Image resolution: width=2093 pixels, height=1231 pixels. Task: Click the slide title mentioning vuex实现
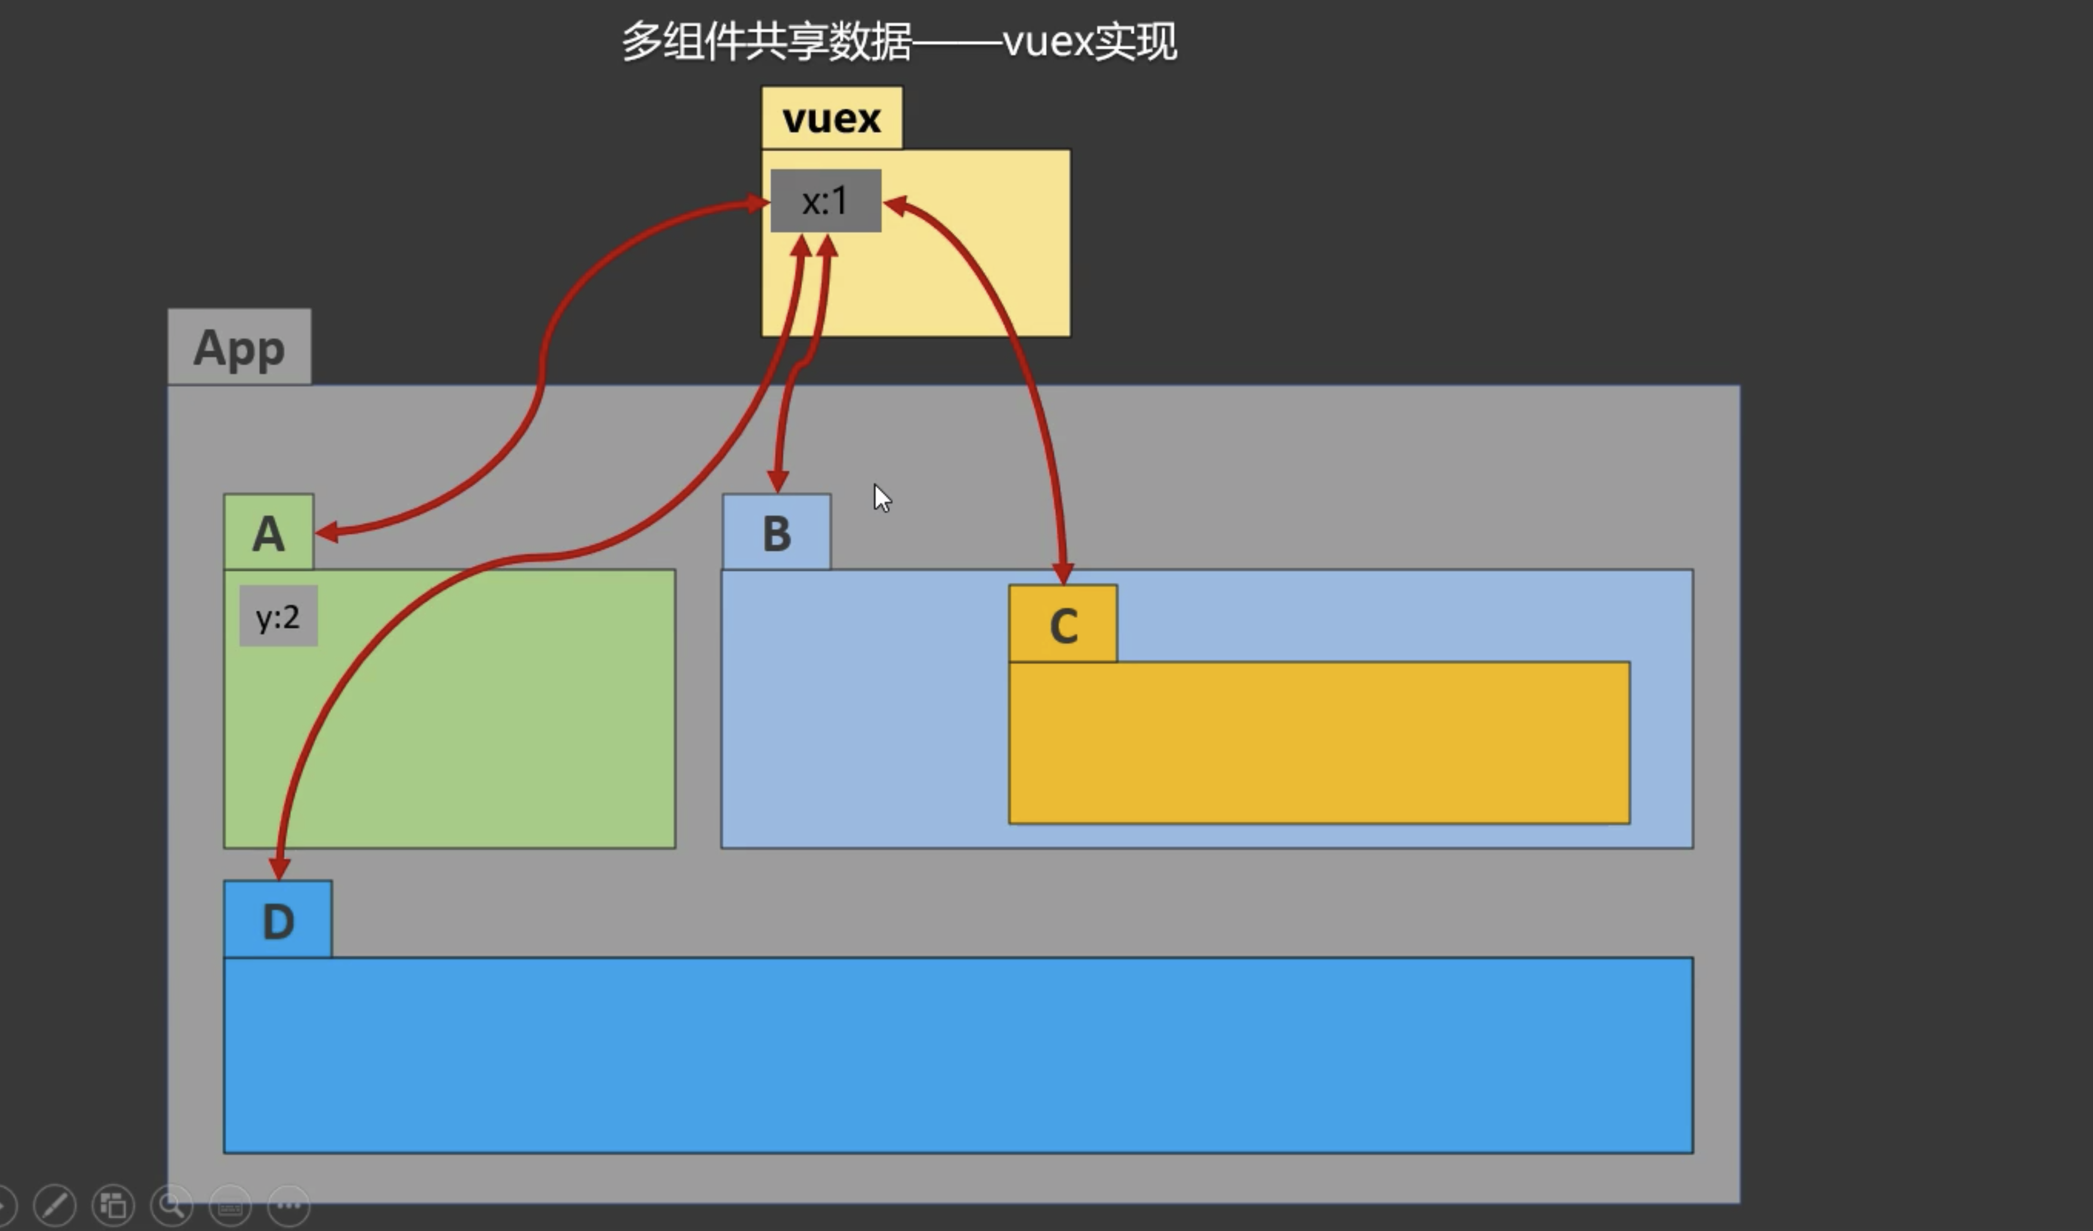coord(899,41)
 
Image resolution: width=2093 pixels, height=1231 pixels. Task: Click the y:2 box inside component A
coord(278,617)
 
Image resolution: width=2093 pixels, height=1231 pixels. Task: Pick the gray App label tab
coord(239,347)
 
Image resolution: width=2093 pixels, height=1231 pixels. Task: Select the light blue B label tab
coord(777,532)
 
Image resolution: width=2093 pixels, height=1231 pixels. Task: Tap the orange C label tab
coord(1063,625)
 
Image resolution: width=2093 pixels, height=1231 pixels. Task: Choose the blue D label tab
coord(278,920)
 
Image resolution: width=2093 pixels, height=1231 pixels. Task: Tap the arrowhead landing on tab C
coord(1063,573)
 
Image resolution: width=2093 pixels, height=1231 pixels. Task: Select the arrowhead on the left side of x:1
coord(757,203)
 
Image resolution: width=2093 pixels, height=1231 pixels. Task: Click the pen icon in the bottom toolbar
coord(55,1205)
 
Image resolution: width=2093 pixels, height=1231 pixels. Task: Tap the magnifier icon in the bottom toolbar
coord(172,1205)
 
